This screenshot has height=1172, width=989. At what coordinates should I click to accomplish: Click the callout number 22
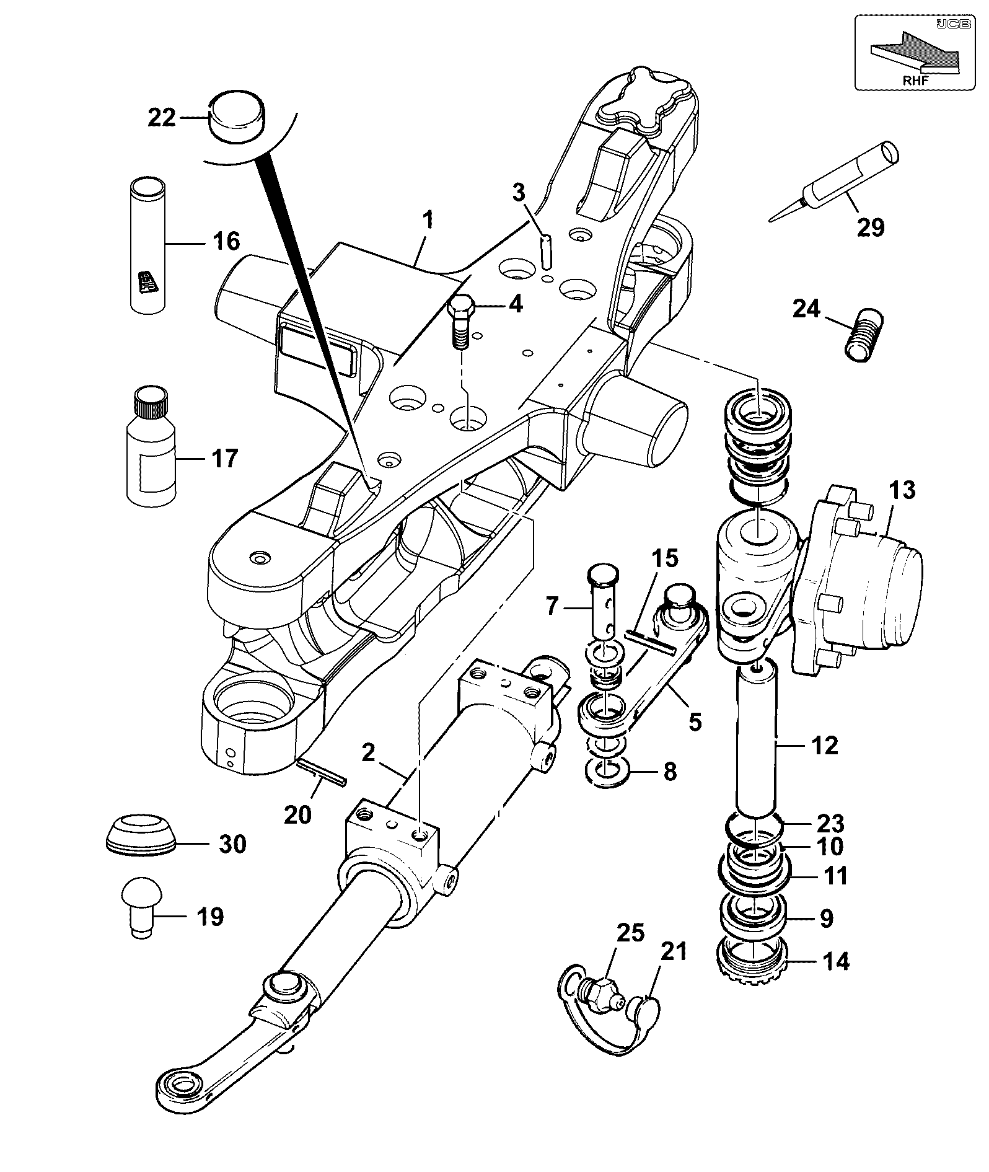tap(162, 117)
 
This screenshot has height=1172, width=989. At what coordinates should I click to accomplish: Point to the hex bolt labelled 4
tap(461, 322)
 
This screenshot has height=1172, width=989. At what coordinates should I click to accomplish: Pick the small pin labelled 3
tap(547, 250)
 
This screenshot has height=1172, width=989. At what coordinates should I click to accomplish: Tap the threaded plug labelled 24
tap(865, 337)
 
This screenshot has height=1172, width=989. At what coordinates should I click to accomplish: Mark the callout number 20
tap(297, 814)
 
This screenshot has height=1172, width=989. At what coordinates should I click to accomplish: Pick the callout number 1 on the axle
tap(428, 220)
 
